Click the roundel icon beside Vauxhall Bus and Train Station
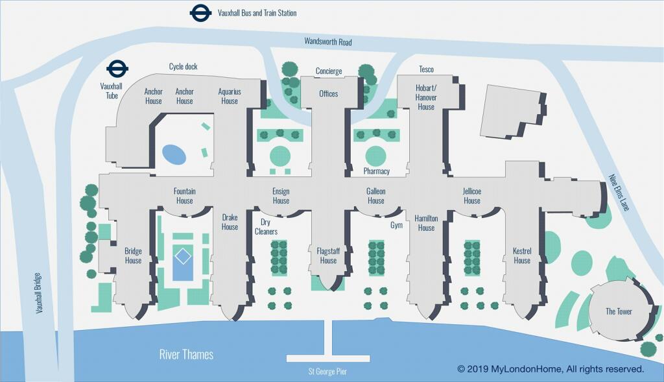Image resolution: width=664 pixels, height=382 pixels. pyautogui.click(x=200, y=13)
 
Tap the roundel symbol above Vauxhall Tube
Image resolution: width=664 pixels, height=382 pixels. pyautogui.click(x=117, y=68)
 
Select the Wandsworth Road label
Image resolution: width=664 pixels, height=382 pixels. pyautogui.click(x=328, y=42)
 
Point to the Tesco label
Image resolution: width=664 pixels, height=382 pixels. pyautogui.click(x=426, y=69)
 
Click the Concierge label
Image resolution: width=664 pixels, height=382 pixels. pyautogui.click(x=329, y=71)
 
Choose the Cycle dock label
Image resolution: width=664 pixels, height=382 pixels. pyautogui.click(x=183, y=67)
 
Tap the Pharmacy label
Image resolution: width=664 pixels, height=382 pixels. pyautogui.click(x=376, y=171)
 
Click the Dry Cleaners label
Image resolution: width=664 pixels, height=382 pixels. pyautogui.click(x=266, y=227)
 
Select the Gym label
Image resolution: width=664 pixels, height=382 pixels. pyautogui.click(x=396, y=225)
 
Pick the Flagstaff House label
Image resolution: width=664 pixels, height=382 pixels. pyautogui.click(x=328, y=256)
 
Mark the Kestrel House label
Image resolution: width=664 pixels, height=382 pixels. pyautogui.click(x=521, y=256)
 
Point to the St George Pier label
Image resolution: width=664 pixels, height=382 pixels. pyautogui.click(x=328, y=372)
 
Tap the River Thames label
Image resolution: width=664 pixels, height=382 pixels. pyautogui.click(x=186, y=354)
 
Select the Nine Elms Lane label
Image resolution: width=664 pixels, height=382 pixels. pyautogui.click(x=619, y=192)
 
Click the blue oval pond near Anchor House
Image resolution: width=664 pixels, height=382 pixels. pyautogui.click(x=174, y=154)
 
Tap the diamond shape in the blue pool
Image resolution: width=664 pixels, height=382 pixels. pyautogui.click(x=184, y=256)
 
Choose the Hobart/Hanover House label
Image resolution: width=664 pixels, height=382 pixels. pyautogui.click(x=426, y=97)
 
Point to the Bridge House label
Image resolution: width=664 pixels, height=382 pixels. pyautogui.click(x=133, y=256)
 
